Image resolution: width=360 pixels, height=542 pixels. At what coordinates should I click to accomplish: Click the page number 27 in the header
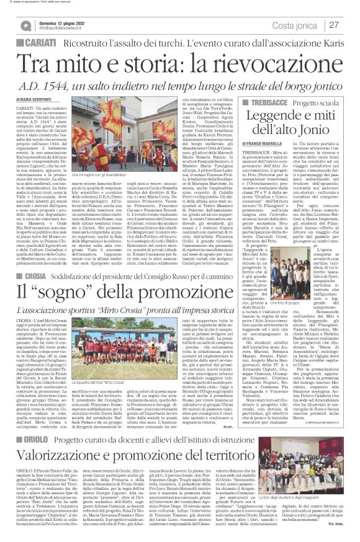click(333, 25)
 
